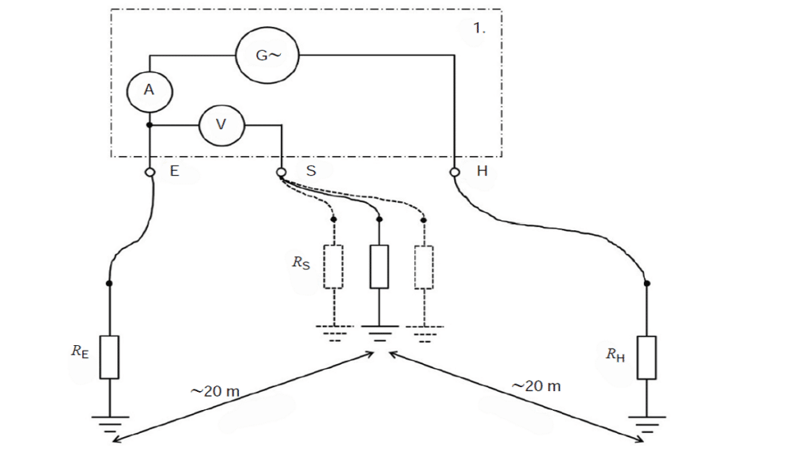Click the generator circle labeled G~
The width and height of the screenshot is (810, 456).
[266, 55]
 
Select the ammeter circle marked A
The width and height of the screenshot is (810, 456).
[150, 91]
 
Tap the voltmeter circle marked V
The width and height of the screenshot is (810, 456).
[221, 124]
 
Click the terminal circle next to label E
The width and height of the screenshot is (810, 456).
[150, 172]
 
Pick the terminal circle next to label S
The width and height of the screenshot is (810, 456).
[281, 172]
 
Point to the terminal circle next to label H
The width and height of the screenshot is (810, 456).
[455, 172]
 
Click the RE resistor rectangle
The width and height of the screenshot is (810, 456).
[109, 356]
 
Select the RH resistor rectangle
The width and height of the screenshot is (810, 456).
[647, 356]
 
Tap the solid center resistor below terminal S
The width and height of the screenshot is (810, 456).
[379, 267]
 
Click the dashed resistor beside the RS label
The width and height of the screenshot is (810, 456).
[334, 267]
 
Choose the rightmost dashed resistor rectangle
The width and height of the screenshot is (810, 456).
[424, 267]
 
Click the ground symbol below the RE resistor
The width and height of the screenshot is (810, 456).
[109, 422]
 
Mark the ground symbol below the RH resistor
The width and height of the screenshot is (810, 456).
[647, 422]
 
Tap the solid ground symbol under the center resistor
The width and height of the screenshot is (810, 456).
[379, 332]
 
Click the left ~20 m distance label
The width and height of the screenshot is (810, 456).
[215, 391]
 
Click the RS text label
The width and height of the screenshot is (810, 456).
[301, 263]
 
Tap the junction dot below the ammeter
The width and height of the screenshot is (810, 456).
[150, 124]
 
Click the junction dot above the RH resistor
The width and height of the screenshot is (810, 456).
[647, 283]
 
